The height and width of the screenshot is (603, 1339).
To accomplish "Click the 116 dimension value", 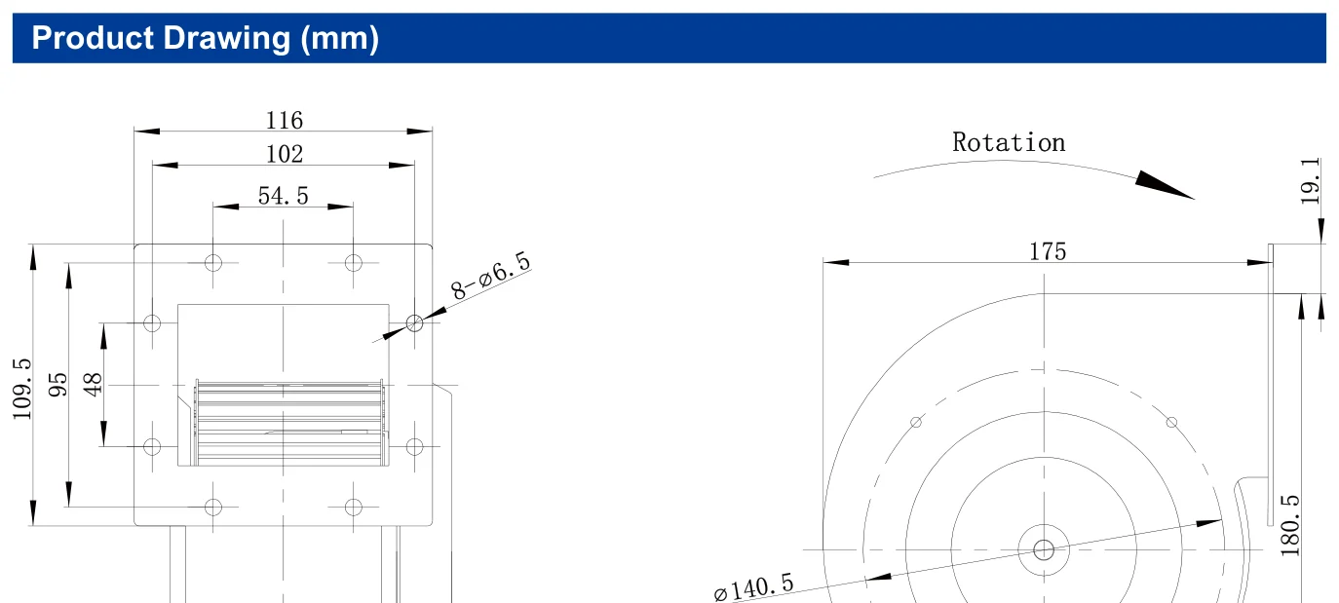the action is [284, 121].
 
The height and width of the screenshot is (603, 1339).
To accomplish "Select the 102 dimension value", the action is [284, 154].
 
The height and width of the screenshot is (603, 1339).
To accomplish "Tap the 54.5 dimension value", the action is [283, 196].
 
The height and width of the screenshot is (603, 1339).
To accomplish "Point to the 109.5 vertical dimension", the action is [21, 389].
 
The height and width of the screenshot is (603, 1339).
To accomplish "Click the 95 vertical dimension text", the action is [57, 385].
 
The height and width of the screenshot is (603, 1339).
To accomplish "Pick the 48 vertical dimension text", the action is [93, 385].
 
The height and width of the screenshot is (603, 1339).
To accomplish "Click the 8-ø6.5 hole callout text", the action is [491, 276].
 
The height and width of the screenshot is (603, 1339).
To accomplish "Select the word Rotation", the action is [1009, 142].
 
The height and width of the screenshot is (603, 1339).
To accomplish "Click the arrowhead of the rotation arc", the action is [1164, 185].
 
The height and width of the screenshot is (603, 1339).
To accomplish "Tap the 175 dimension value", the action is [1048, 251].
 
